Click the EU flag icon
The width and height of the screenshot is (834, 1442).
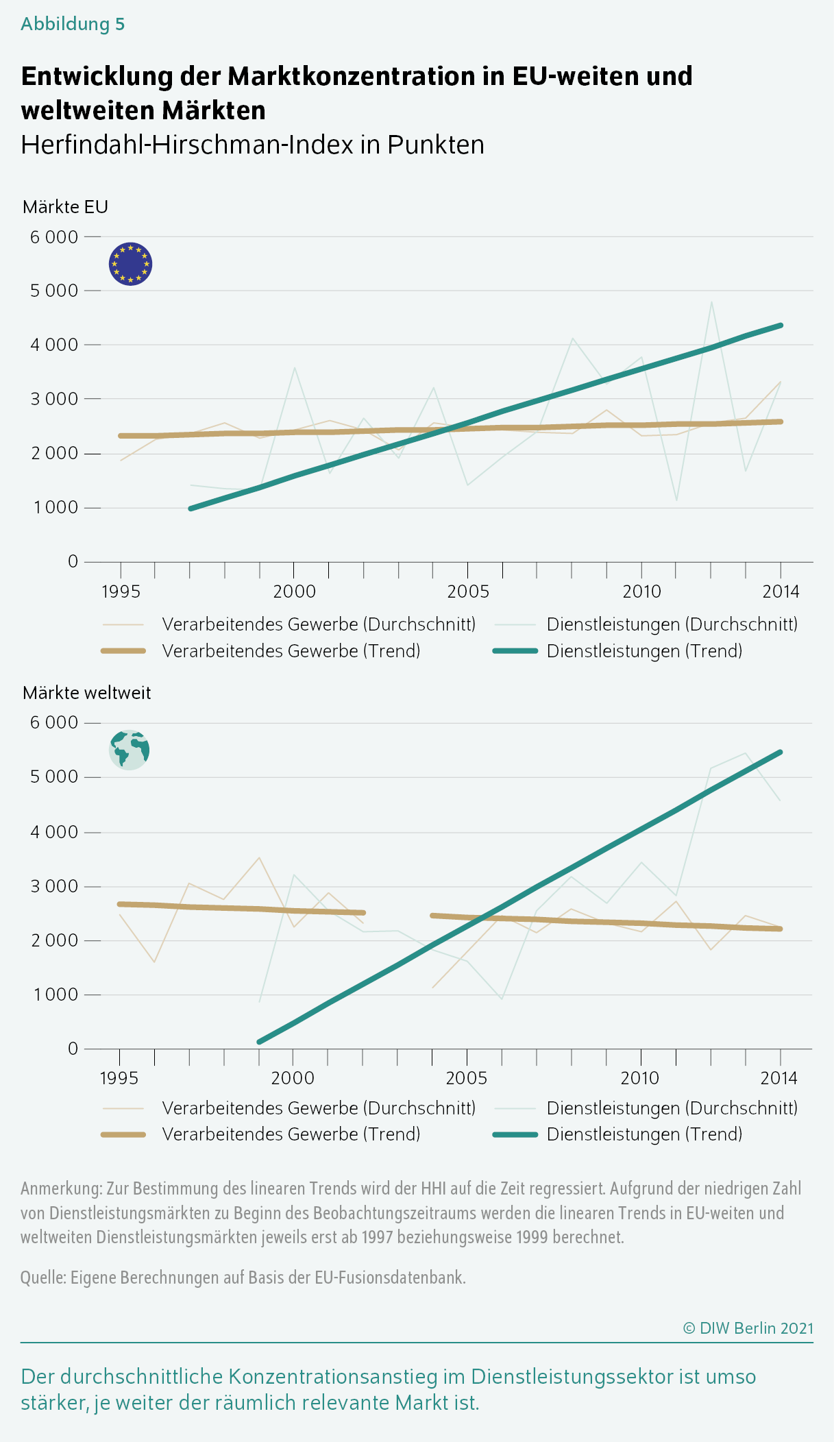point(130,264)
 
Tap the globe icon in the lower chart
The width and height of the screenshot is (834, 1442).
point(129,750)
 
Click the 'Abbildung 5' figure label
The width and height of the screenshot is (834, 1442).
point(73,24)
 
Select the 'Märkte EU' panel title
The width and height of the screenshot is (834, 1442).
point(65,207)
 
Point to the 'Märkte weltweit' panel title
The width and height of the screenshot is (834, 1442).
point(86,693)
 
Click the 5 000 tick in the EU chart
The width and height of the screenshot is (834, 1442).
point(54,291)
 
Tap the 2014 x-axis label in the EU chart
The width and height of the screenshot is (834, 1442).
point(781,591)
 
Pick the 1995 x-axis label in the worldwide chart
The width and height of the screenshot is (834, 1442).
point(119,1078)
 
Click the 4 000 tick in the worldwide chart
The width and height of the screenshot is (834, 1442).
point(54,832)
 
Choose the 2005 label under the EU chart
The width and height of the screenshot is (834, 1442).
point(467,591)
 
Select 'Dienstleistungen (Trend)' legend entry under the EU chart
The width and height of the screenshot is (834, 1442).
point(644,651)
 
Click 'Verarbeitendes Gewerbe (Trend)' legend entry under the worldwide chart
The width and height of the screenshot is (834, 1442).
point(291,1134)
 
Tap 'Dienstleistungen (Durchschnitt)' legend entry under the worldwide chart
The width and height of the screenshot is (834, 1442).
point(672,1108)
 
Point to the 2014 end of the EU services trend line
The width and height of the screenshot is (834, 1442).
point(781,326)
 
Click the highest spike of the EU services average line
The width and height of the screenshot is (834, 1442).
point(711,302)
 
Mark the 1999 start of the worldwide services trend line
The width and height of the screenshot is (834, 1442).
point(259,1042)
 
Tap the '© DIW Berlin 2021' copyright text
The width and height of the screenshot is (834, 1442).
point(748,1328)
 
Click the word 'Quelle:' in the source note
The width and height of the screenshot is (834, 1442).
point(43,1278)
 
